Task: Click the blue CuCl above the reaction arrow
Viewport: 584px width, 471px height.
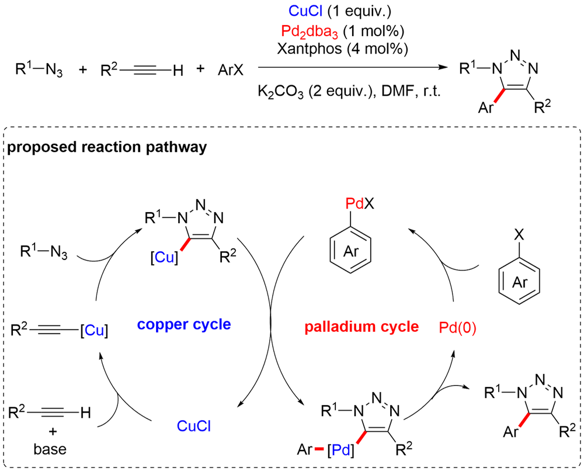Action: [x=303, y=11]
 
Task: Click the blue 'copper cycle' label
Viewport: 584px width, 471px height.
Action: [x=184, y=325]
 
